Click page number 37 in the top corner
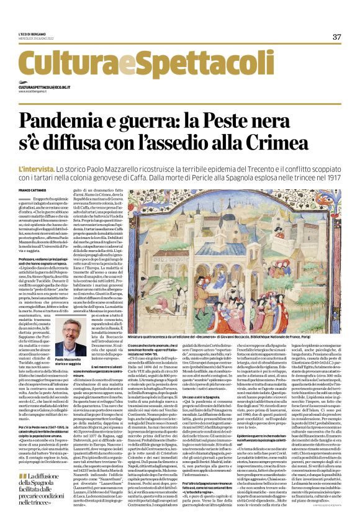(337, 37)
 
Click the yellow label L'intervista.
(37, 151)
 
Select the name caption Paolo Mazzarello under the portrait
(69, 359)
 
